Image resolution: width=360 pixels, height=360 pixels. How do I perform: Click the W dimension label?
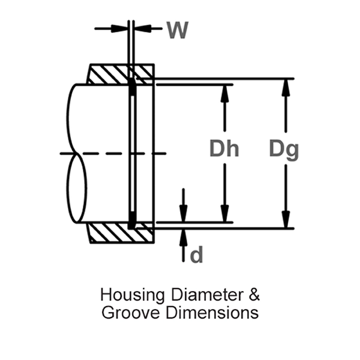(x=177, y=29)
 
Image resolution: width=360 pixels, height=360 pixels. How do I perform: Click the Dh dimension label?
(x=224, y=148)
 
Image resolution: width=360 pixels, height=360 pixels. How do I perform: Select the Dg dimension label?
(x=284, y=148)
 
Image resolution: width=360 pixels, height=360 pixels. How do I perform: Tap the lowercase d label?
(x=196, y=255)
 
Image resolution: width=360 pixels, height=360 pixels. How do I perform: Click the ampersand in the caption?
(x=254, y=295)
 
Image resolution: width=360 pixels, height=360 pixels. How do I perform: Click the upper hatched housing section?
(x=108, y=74)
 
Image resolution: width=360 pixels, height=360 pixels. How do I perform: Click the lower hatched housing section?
(x=108, y=233)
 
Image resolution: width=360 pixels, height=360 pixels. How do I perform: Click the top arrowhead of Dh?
(x=225, y=92)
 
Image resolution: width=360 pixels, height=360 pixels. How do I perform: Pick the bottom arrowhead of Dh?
(x=225, y=214)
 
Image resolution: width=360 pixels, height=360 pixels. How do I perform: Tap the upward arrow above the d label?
(x=184, y=237)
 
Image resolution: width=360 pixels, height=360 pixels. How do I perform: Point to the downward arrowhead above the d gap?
(x=184, y=214)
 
